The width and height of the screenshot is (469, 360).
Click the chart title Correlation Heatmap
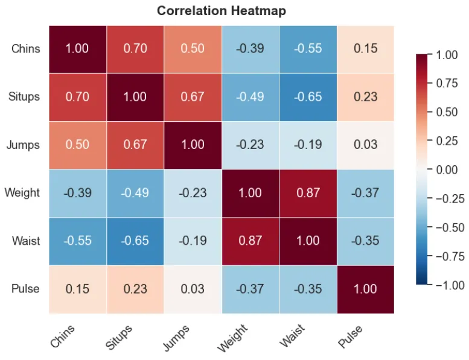click(x=222, y=11)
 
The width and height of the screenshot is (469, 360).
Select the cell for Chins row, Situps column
click(x=135, y=48)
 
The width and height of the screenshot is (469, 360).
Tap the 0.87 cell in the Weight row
click(x=308, y=193)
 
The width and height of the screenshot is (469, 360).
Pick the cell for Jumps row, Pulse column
click(x=365, y=145)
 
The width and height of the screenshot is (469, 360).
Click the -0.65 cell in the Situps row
click(x=308, y=96)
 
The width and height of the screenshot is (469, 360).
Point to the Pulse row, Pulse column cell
click(x=365, y=289)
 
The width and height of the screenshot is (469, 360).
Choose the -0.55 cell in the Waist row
click(x=78, y=241)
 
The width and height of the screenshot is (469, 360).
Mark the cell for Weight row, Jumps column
click(x=193, y=193)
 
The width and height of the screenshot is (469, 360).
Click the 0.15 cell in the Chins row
click(x=365, y=48)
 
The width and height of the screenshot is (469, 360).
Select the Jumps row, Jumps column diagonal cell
click(x=193, y=145)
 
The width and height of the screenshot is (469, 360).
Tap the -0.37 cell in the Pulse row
click(x=250, y=289)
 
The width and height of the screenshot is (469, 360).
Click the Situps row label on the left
click(x=24, y=96)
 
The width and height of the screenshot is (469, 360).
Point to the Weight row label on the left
click(x=22, y=193)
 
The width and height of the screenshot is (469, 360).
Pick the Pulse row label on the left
click(x=25, y=289)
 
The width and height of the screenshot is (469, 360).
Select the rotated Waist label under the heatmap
click(x=293, y=336)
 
